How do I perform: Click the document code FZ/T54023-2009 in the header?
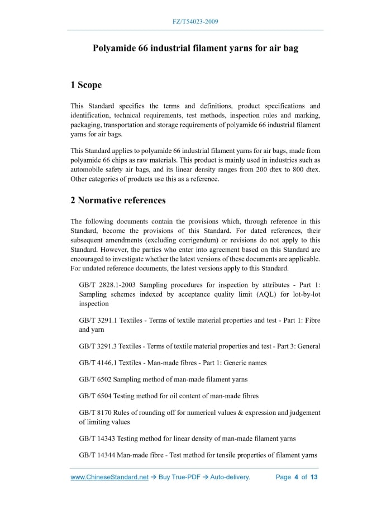195,22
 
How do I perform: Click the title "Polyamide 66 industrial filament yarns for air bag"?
195,48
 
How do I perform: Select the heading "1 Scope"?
86,85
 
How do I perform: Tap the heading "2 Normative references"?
118,200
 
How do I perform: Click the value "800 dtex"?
306,169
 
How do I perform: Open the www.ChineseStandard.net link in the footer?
109,478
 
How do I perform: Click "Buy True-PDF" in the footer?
180,478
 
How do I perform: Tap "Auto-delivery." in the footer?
230,478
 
